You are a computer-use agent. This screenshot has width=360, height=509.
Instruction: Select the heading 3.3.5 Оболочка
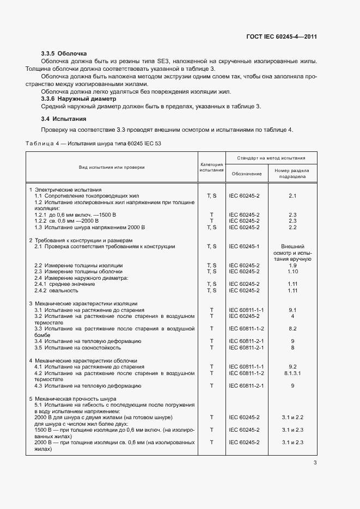pyautogui.click(x=64, y=54)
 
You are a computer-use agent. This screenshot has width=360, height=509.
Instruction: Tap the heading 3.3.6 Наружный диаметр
pyautogui.click(x=79, y=100)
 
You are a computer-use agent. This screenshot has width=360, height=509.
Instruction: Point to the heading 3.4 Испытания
pyautogui.click(x=64, y=119)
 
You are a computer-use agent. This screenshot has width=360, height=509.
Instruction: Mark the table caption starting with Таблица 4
pyautogui.click(x=93, y=143)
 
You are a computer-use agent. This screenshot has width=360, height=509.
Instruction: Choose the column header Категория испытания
pyautogui.click(x=212, y=167)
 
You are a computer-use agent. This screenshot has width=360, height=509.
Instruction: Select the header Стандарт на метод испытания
pyautogui.click(x=271, y=158)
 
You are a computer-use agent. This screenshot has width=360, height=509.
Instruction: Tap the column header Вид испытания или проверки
pyautogui.click(x=111, y=167)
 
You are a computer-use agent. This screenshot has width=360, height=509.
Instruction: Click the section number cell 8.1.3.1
pyautogui.click(x=292, y=373)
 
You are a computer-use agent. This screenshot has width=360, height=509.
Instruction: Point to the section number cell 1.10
pyautogui.click(x=292, y=272)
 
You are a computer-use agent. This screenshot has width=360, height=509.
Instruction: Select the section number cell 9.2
pyautogui.click(x=292, y=366)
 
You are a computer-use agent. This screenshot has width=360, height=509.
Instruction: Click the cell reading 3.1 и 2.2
pyautogui.click(x=292, y=417)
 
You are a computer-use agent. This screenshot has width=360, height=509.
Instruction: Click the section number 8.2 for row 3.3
pyautogui.click(x=292, y=329)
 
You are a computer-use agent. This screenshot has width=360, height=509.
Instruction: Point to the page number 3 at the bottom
pyautogui.click(x=315, y=463)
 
